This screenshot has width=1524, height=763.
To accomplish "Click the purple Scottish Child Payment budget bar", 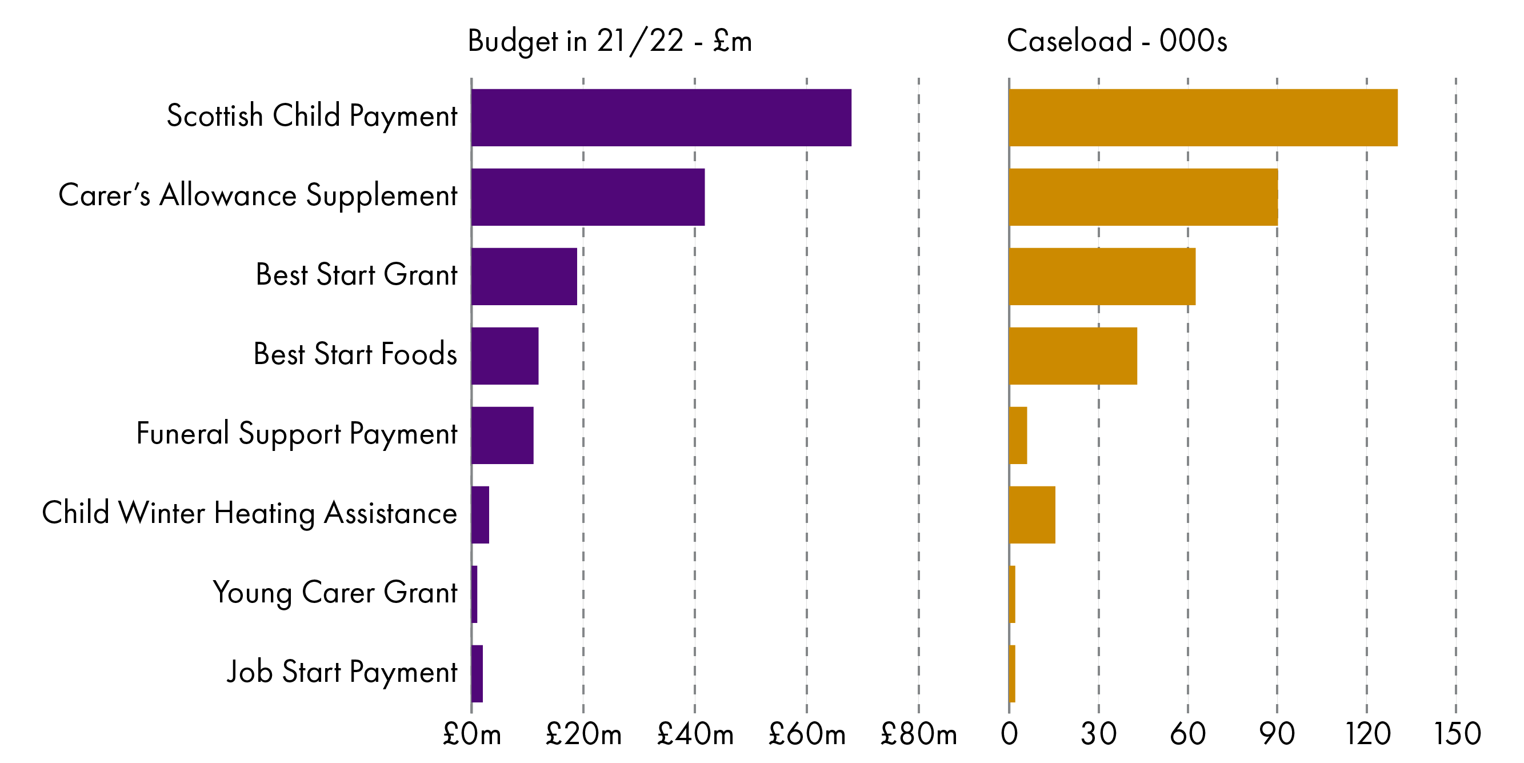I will coord(661,117).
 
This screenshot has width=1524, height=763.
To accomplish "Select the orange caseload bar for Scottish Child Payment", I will coord(1203,117).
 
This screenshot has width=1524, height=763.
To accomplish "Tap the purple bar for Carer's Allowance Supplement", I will coord(587,197).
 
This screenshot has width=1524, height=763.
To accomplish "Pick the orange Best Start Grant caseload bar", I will coord(1102,277).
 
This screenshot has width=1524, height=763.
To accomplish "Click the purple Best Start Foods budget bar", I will coord(505,355).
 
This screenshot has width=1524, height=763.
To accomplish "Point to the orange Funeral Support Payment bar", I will coord(1018,435).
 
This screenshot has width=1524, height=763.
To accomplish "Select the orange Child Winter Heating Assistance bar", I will coord(1032,514).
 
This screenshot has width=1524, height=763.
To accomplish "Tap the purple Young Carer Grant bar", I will coord(474,594).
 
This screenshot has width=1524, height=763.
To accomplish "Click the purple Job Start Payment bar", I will coord(477,673).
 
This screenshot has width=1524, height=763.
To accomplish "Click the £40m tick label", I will coord(695,734).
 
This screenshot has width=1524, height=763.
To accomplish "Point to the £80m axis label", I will coord(918,734).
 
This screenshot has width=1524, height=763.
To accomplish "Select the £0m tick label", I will coord(471,734).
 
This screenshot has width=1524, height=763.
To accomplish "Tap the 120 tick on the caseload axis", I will coord(1367,734).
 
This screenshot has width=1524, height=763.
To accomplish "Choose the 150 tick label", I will coord(1457,734).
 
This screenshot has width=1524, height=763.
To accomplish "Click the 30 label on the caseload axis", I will coord(1098,734).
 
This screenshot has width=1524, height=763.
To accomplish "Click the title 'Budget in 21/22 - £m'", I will coord(609,41).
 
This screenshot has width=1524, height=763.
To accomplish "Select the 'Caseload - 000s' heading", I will coord(1117,41).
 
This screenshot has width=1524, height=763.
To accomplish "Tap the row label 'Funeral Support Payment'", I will coord(297,434).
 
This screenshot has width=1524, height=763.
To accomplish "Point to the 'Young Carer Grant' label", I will coord(335,593).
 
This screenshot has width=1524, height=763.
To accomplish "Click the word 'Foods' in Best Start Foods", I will coord(419,354).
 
